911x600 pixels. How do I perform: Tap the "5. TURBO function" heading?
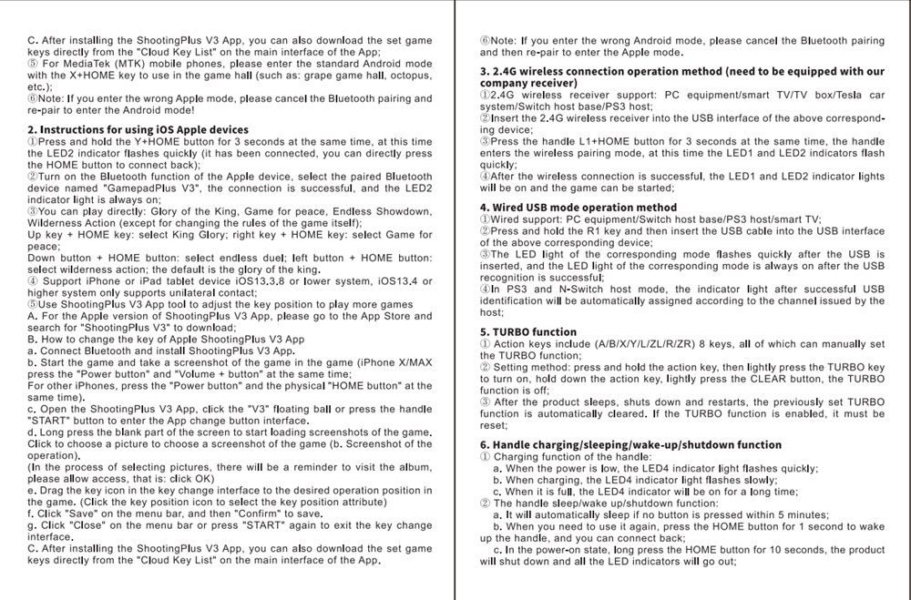click(528, 332)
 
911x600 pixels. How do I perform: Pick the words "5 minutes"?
click(798, 514)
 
